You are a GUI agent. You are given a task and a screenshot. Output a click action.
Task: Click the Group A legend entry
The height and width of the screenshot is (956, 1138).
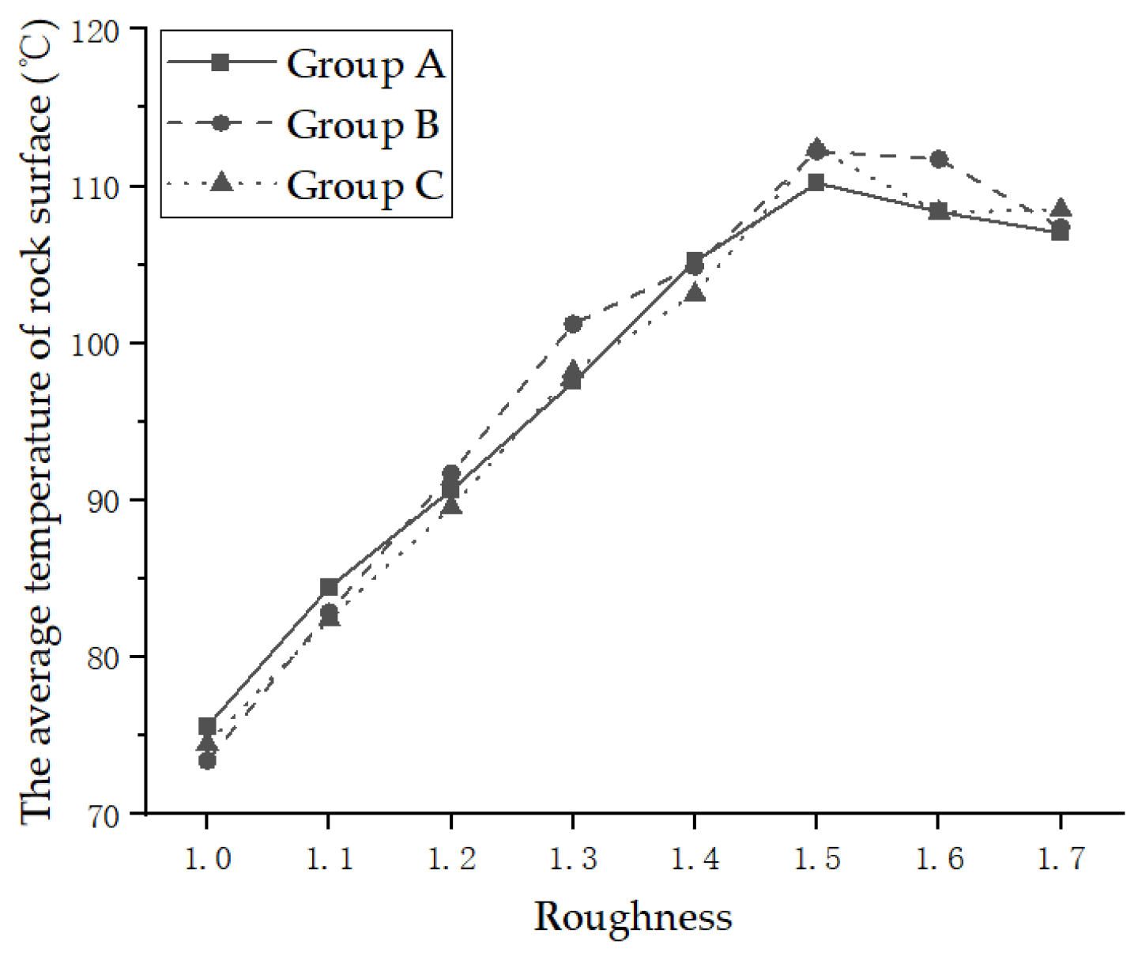point(365,63)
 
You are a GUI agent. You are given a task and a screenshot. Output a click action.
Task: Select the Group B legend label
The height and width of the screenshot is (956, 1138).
point(362,124)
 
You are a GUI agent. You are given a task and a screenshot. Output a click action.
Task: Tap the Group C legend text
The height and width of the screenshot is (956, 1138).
point(364,185)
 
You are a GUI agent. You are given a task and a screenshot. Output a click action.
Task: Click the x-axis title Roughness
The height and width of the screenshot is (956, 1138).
point(632,917)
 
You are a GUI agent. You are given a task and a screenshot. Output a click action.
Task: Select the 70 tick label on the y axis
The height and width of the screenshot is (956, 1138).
point(101,815)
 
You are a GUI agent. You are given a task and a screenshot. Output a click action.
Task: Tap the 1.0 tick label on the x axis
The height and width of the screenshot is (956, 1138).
point(207,858)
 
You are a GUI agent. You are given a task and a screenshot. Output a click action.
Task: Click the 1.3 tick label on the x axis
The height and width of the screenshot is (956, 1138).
point(573,858)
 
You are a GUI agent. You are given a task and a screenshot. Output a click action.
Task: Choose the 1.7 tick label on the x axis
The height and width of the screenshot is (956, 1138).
point(1061,858)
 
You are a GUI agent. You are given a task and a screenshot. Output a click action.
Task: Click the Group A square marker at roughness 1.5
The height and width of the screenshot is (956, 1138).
point(816,183)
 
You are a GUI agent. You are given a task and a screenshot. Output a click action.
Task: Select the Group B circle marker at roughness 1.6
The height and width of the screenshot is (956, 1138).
point(939,159)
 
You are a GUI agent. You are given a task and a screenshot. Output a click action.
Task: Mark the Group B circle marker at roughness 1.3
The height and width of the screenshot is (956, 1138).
point(573,324)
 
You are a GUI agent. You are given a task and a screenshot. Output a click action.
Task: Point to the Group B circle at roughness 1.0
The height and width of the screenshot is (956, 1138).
point(207,761)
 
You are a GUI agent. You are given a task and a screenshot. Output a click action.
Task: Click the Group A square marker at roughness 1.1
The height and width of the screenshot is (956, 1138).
point(329,587)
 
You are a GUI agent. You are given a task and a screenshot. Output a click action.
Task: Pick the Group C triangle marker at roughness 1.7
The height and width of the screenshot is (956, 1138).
point(1061,209)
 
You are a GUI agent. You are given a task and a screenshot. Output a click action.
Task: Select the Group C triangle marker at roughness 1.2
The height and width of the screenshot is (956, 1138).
point(451,505)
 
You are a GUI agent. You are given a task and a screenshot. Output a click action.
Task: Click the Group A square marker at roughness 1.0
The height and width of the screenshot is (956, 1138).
point(207,725)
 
